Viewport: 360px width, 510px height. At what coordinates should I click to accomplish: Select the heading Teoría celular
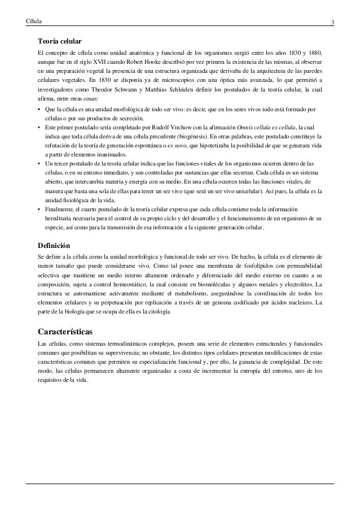60,42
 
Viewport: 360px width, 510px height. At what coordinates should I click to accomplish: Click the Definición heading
54,246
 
